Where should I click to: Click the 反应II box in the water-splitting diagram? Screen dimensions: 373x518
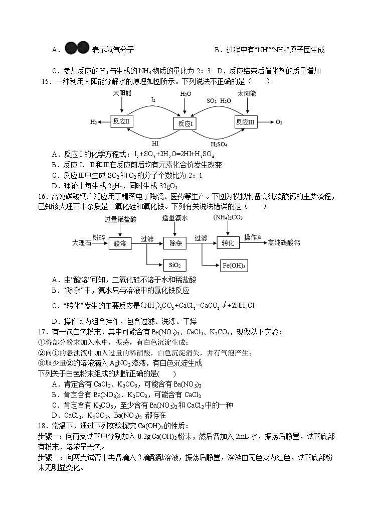tap(121, 121)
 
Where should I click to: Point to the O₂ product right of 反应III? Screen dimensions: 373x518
tap(279, 122)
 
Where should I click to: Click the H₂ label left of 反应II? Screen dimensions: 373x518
tap(94, 122)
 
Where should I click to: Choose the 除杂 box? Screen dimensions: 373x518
tap(175, 243)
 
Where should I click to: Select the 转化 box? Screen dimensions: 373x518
tap(228, 243)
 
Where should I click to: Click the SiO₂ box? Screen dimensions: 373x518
tap(175, 265)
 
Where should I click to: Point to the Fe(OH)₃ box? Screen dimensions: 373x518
tap(235, 265)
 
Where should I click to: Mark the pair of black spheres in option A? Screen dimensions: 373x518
tap(77, 49)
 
